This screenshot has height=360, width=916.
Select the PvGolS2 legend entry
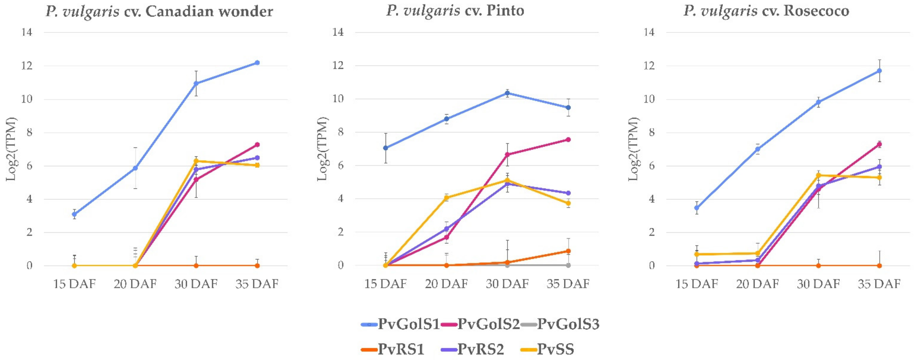pos(481,324)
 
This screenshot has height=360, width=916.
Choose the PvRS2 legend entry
pos(473,349)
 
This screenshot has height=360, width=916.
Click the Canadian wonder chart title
pos(159,11)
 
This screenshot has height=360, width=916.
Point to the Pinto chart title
pos(455,11)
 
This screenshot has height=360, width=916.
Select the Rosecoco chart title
pos(766,11)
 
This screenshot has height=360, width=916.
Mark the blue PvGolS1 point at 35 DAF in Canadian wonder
pos(257,63)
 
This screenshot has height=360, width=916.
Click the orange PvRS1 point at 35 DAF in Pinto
pos(568,251)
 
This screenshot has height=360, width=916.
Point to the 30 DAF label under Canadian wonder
pos(196,284)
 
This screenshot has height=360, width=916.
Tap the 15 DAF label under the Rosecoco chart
pos(697,284)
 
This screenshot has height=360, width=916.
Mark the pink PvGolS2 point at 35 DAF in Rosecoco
pos(879,145)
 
